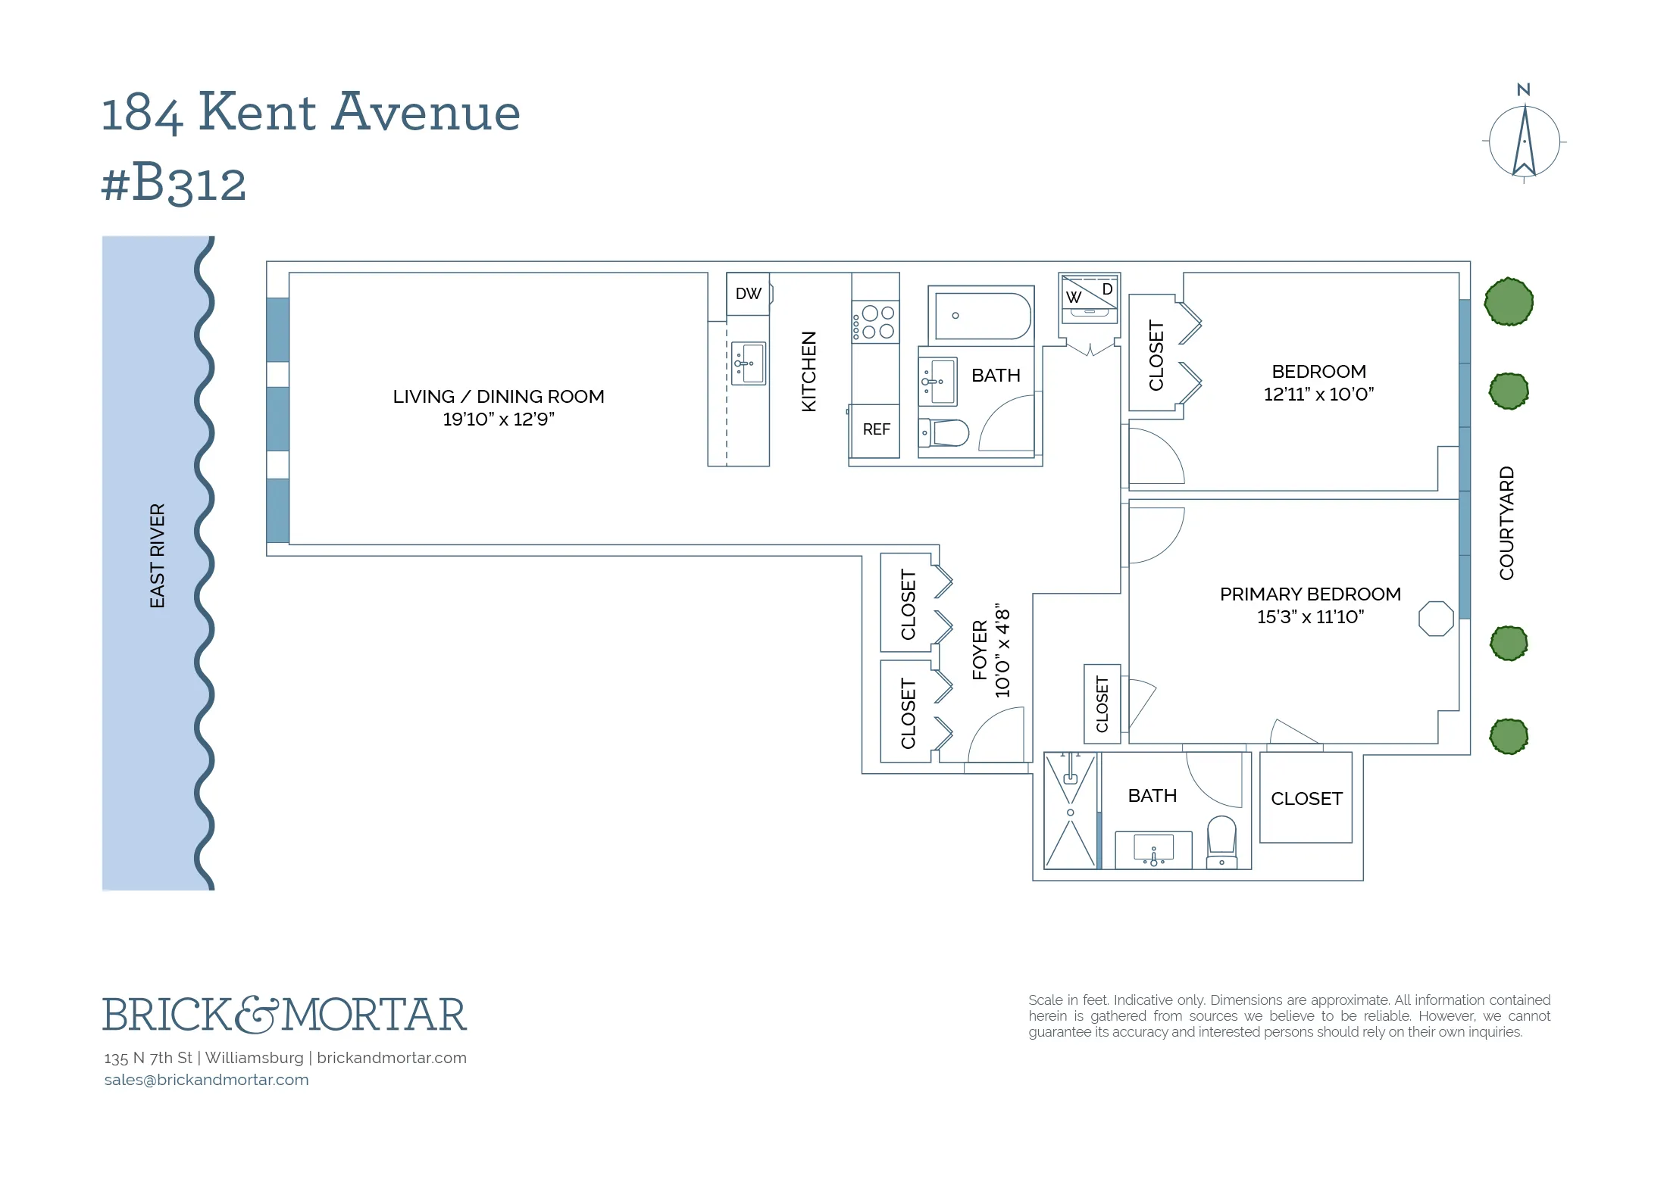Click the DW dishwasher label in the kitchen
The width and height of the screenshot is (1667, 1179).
click(748, 294)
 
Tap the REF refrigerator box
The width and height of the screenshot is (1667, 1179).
click(876, 430)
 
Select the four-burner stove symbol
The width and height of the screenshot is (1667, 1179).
click(875, 323)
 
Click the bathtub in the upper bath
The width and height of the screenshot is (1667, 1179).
click(982, 316)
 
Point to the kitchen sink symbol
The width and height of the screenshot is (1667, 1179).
click(749, 364)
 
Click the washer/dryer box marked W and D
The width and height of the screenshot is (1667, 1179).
click(1090, 298)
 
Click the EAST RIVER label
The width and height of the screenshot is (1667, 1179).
click(157, 556)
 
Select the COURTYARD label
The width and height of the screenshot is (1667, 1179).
click(1506, 523)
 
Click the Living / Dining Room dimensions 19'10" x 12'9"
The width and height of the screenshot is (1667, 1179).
click(499, 420)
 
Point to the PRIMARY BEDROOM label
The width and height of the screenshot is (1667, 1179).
click(1309, 594)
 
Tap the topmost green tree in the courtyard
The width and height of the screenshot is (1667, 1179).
click(1508, 301)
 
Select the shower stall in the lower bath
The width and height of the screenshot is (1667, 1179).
click(1070, 810)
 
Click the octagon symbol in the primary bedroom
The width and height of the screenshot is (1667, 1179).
click(1436, 619)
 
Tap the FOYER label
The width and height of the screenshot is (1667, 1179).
click(980, 650)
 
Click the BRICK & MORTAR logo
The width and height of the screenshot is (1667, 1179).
click(284, 1015)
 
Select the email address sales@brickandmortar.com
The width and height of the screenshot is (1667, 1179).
click(206, 1080)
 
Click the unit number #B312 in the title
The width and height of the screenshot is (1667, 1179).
click(174, 182)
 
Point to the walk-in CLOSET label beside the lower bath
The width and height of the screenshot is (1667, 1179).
click(1306, 799)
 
